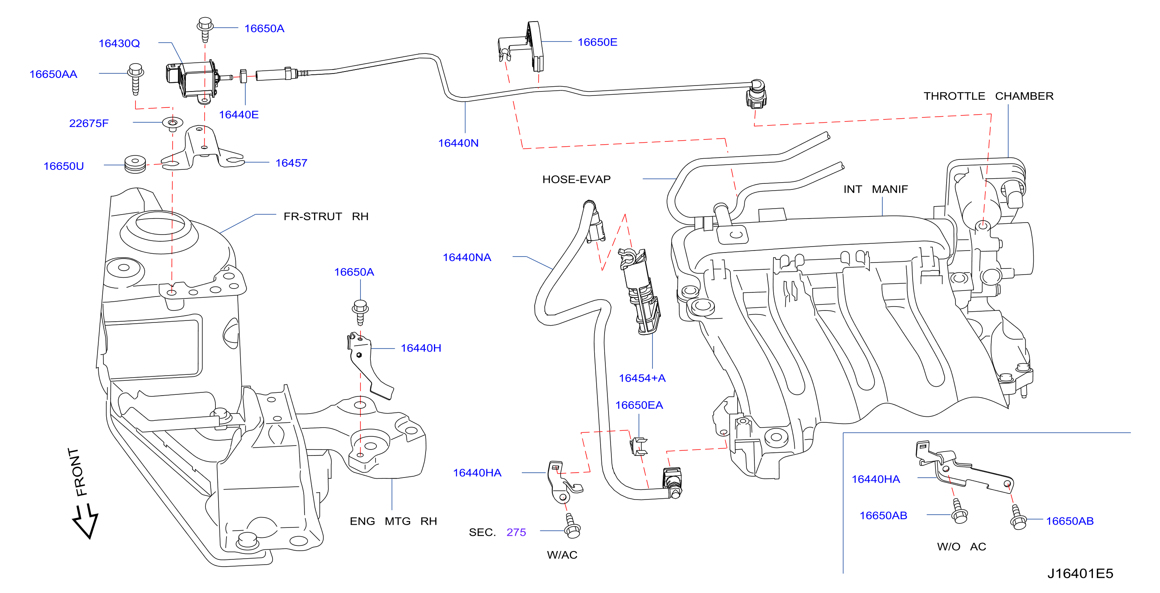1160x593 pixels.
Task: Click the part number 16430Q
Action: pyautogui.click(x=119, y=43)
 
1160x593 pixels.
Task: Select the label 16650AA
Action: pyautogui.click(x=53, y=74)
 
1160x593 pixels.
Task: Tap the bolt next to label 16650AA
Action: pyautogui.click(x=135, y=79)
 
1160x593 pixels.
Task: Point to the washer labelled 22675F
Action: pyautogui.click(x=173, y=123)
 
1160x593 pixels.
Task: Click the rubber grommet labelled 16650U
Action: pyautogui.click(x=135, y=164)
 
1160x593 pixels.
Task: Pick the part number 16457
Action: pyautogui.click(x=291, y=163)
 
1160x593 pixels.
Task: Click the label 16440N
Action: pyautogui.click(x=458, y=143)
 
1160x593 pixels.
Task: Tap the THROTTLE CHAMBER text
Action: pyautogui.click(x=989, y=96)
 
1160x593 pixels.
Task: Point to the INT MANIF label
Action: pyautogui.click(x=875, y=189)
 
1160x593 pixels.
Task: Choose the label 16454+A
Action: pyautogui.click(x=642, y=378)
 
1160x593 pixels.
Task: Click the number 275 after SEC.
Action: pyautogui.click(x=516, y=532)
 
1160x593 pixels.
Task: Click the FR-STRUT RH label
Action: pyautogui.click(x=326, y=217)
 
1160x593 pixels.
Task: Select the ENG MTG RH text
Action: pyautogui.click(x=393, y=521)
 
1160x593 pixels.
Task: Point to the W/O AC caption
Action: pyautogui.click(x=961, y=547)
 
